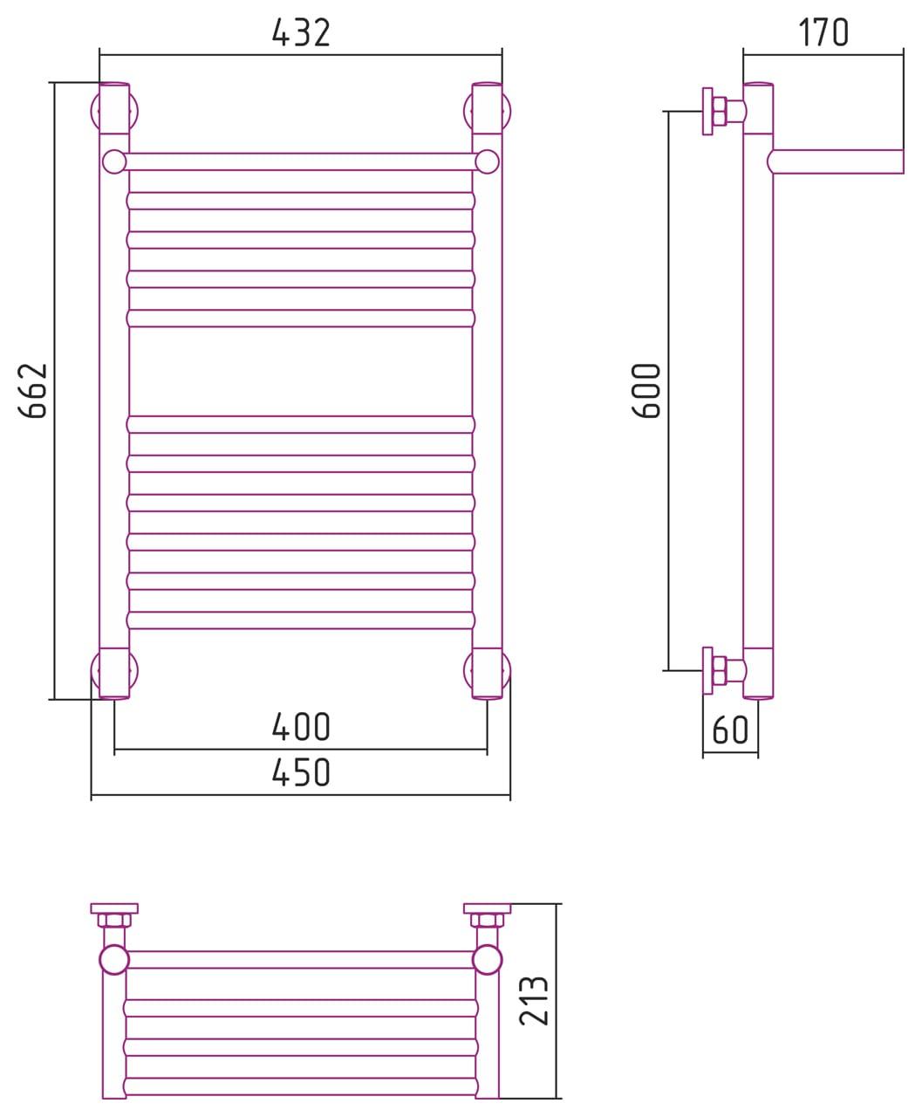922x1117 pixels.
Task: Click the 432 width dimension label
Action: coord(301,32)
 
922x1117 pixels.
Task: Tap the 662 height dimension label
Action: coord(33,391)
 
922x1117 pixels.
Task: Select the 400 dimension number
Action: coord(301,727)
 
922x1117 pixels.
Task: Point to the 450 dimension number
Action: coord(301,772)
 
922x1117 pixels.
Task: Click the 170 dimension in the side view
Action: coord(823,32)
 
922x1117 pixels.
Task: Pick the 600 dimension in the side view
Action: coord(646,391)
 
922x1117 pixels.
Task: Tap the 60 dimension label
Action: coord(730,730)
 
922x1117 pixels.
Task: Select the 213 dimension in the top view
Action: coord(534,1001)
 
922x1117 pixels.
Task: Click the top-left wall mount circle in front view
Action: coord(114,112)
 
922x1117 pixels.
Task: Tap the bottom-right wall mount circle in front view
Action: coord(487,671)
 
